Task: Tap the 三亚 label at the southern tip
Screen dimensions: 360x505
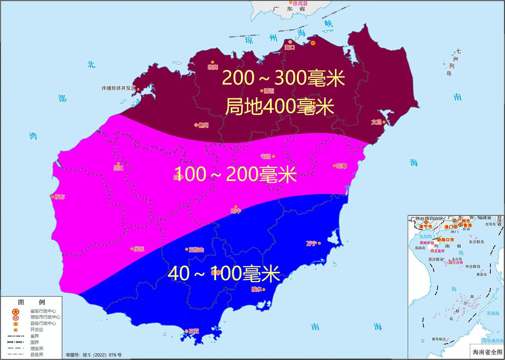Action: tap(194, 331)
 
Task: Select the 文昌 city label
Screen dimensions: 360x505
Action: tap(376, 122)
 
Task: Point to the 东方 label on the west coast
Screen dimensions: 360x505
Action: tap(60, 196)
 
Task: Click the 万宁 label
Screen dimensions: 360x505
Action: tap(311, 243)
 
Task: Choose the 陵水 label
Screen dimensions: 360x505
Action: tap(256, 289)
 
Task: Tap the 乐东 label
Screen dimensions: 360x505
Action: tap(139, 249)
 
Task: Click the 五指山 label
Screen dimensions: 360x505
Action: tap(196, 250)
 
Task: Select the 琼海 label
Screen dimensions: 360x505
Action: tap(341, 166)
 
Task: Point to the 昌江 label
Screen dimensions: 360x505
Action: tap(119, 168)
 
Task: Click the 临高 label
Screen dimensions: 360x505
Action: tap(213, 67)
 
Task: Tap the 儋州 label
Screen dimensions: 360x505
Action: tap(204, 125)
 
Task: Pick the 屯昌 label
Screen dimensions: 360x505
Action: tap(266, 156)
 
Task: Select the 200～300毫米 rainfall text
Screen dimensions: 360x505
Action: tap(284, 78)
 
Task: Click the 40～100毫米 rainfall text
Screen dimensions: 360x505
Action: tap(224, 274)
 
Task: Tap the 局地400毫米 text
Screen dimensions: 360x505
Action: tap(280, 106)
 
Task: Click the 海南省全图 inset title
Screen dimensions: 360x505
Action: tap(487, 351)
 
